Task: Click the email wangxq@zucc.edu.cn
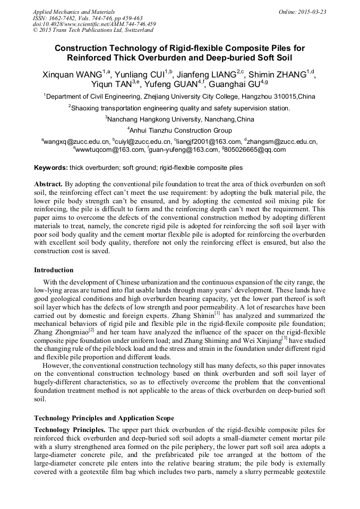[x=76, y=142]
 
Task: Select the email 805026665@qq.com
[x=254, y=150]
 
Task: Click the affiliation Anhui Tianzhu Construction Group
[x=181, y=130]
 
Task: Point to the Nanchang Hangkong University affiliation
[x=181, y=119]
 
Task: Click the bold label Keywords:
[x=51, y=168]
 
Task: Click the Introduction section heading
[x=54, y=270]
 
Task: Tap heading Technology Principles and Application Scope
[x=104, y=418]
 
